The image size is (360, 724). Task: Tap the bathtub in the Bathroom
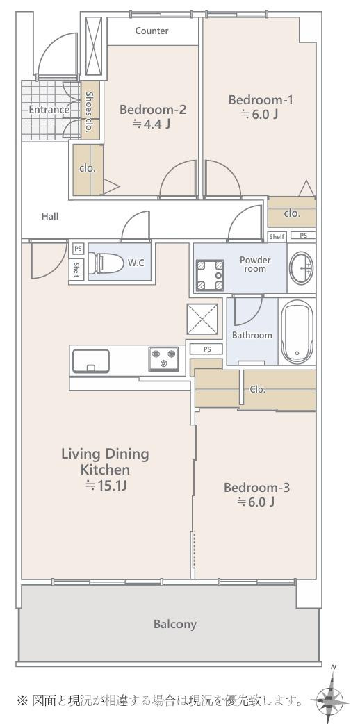click(x=297, y=331)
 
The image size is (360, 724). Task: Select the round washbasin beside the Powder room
click(x=302, y=268)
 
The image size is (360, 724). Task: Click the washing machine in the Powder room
click(x=210, y=276)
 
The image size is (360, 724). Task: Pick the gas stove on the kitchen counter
click(x=163, y=359)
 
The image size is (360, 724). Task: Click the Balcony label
click(x=175, y=625)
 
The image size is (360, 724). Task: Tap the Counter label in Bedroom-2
click(x=152, y=31)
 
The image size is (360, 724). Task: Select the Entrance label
click(x=49, y=110)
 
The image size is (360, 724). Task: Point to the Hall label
click(x=50, y=215)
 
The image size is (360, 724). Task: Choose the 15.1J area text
click(x=106, y=485)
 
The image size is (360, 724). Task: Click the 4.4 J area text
click(x=152, y=124)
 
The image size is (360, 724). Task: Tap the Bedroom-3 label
click(x=256, y=487)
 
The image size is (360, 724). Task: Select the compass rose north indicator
click(x=333, y=693)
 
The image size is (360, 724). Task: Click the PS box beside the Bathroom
click(x=206, y=349)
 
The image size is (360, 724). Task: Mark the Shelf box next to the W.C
click(x=76, y=270)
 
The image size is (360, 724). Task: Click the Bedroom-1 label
click(x=261, y=100)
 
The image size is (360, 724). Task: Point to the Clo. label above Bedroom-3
click(x=258, y=389)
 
